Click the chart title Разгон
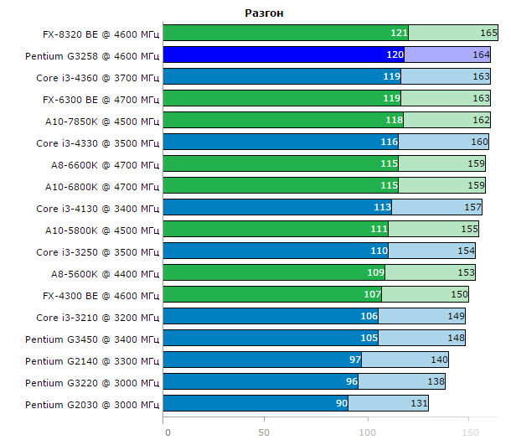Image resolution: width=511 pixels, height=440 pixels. click(265, 13)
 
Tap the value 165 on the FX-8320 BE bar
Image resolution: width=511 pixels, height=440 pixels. click(489, 33)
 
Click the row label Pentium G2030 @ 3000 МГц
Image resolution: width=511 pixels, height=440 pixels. click(92, 405)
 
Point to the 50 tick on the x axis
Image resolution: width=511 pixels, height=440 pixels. click(265, 432)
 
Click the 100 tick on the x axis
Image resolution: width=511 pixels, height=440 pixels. click(366, 432)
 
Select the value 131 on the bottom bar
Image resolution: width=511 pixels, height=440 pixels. click(419, 404)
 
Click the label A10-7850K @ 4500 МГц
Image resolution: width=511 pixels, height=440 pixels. click(102, 121)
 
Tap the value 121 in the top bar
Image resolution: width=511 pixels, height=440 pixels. click(399, 33)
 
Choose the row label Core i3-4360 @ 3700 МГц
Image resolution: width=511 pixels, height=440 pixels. click(98, 77)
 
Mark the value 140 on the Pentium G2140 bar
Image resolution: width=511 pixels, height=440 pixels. click(439, 360)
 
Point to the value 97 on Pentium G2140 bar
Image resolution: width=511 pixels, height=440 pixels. click(353, 360)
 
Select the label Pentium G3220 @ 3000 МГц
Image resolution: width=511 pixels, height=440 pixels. click(92, 383)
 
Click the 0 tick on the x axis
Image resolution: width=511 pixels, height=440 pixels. click(168, 432)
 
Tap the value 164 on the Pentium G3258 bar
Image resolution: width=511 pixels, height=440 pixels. click(481, 54)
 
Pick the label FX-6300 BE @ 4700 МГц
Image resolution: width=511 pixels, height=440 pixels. click(101, 99)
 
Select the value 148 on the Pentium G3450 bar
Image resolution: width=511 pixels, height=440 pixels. click(456, 339)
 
